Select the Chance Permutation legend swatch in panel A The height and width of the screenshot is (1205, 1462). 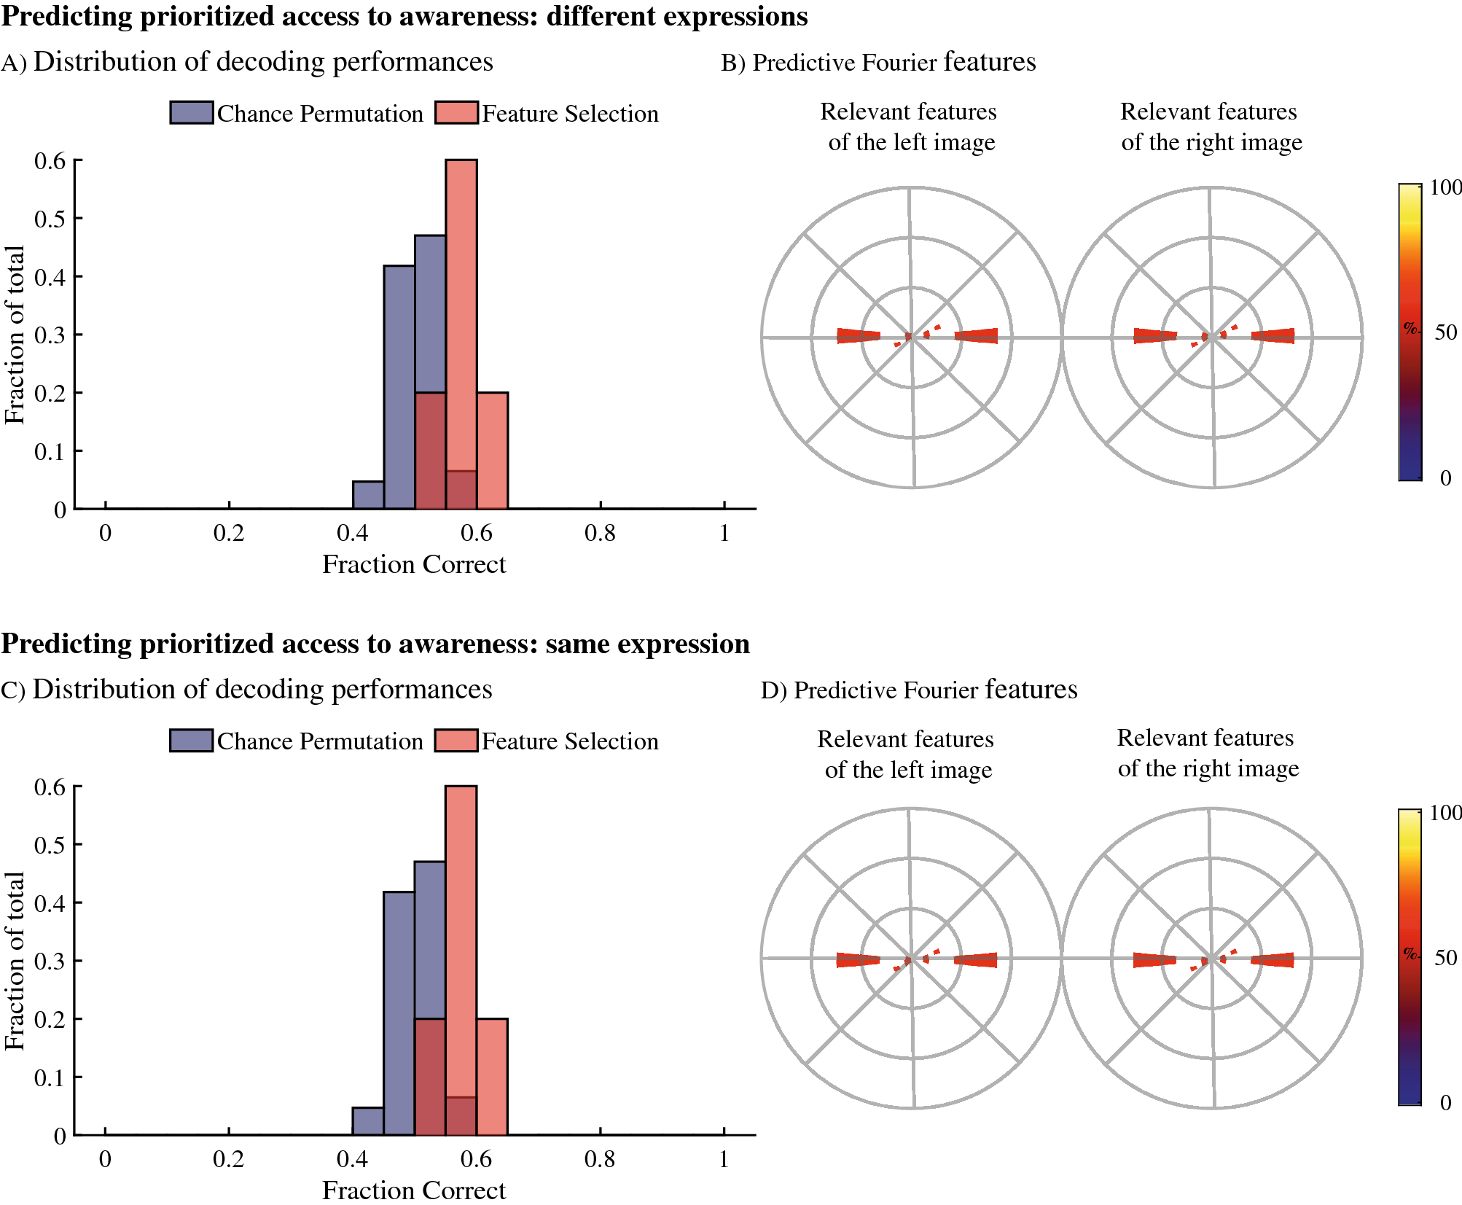click(x=192, y=113)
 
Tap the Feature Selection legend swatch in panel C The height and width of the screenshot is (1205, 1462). click(x=457, y=741)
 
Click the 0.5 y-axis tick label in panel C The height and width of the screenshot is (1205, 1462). click(x=50, y=845)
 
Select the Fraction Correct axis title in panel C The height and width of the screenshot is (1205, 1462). click(x=413, y=1190)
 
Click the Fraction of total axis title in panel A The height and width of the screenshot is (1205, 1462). click(x=15, y=335)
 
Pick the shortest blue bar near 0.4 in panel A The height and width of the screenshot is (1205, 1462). click(x=368, y=495)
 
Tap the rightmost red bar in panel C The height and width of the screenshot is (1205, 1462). click(x=492, y=1077)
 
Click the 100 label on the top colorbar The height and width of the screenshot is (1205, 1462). click(x=1445, y=188)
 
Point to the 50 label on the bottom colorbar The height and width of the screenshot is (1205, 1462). click(x=1445, y=958)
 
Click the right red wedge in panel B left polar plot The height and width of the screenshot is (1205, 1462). click(x=977, y=335)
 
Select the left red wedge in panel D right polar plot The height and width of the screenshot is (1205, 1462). click(x=1154, y=960)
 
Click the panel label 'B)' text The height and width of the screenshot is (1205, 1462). click(x=732, y=63)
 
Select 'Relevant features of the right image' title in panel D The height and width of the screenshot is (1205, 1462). click(x=1207, y=753)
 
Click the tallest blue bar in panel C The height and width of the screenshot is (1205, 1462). click(x=430, y=940)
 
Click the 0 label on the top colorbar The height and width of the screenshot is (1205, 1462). click(x=1445, y=478)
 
